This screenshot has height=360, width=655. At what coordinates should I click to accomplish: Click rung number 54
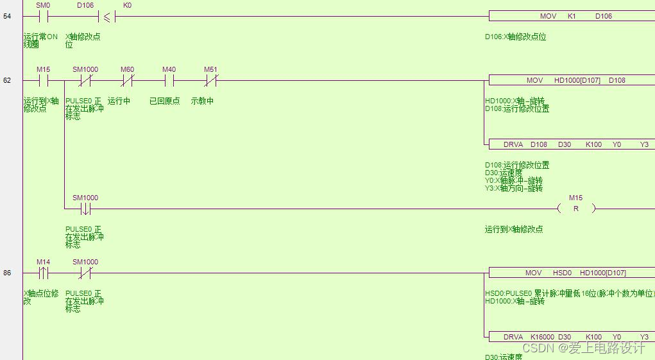(x=7, y=16)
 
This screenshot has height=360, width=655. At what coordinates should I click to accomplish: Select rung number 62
(x=7, y=80)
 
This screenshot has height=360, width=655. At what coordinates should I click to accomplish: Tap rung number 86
(x=7, y=273)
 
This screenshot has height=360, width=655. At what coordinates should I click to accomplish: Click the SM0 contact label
(x=44, y=5)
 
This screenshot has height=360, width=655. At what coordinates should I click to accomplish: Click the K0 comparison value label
(x=127, y=5)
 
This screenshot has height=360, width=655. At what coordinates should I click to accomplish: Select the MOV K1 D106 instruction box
(x=572, y=16)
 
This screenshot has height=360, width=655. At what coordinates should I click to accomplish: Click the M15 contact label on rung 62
(x=44, y=69)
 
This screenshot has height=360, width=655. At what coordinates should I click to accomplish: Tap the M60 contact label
(x=127, y=69)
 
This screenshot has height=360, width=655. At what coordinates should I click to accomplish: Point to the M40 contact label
(x=169, y=69)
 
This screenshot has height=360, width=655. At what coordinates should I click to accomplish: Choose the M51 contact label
(x=210, y=69)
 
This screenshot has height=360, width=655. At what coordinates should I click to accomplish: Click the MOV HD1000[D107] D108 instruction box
(x=572, y=80)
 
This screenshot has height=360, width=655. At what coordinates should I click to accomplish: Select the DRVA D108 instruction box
(x=572, y=144)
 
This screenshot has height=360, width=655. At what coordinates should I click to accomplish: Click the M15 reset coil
(x=575, y=208)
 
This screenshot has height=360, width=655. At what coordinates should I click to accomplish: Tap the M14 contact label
(x=44, y=262)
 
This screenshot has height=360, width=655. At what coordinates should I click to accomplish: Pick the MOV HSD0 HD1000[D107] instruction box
(x=572, y=273)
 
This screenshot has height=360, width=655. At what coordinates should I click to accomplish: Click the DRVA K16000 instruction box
(x=572, y=337)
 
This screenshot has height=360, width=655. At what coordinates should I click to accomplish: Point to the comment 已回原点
(x=165, y=101)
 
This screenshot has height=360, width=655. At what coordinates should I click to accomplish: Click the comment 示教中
(x=203, y=101)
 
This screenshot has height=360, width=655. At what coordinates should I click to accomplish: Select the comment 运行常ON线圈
(x=40, y=40)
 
